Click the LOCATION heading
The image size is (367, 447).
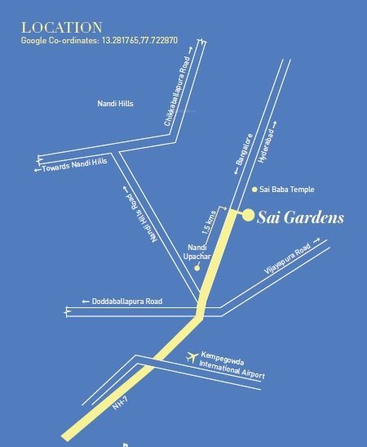click(62, 27)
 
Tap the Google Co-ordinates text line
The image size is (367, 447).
click(99, 40)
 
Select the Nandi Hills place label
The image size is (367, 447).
click(115, 104)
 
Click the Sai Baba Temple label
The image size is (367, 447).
click(286, 190)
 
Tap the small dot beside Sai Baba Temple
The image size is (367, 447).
click(254, 190)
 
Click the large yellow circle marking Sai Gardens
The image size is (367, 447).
click(248, 215)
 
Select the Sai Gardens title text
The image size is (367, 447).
click(301, 217)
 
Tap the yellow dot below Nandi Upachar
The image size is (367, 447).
click(197, 267)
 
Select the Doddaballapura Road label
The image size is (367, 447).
click(123, 302)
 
